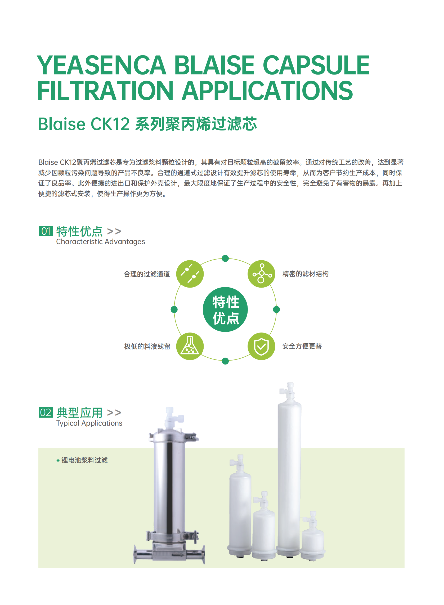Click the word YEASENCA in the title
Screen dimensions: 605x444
[x=101, y=65]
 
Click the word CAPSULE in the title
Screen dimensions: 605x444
[x=316, y=65]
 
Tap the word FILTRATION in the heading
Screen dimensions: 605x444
[x=105, y=91]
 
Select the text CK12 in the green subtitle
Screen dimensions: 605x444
[x=110, y=124]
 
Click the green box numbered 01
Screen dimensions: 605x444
[x=46, y=231]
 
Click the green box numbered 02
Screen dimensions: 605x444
[x=46, y=412]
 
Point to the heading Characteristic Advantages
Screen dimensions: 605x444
[x=100, y=242]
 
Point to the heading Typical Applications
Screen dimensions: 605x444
[x=89, y=423]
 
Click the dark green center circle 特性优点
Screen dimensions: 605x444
[x=225, y=309]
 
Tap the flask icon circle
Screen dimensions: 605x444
[x=190, y=346]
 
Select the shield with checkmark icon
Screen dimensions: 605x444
[x=261, y=346]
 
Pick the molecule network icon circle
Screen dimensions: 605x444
[x=261, y=274]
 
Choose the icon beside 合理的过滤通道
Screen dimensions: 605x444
[x=190, y=274]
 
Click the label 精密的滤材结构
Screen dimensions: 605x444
[x=305, y=274]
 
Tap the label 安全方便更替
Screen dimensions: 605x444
[x=302, y=346]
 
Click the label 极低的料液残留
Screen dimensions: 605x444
[x=147, y=346]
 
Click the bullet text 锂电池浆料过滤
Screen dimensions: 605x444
[x=84, y=460]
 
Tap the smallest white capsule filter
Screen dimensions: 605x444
[x=312, y=539]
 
